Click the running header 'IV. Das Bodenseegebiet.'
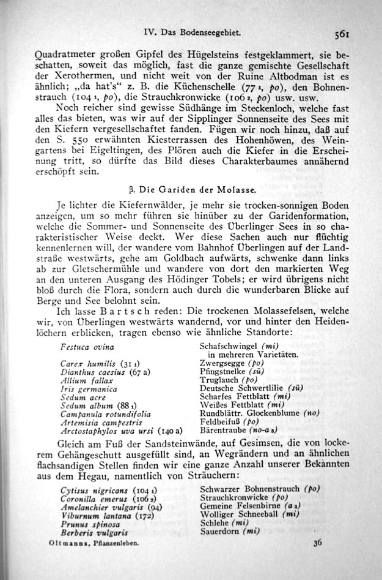click(191, 31)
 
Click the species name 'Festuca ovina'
click(81, 347)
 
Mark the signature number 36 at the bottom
click(317, 543)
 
